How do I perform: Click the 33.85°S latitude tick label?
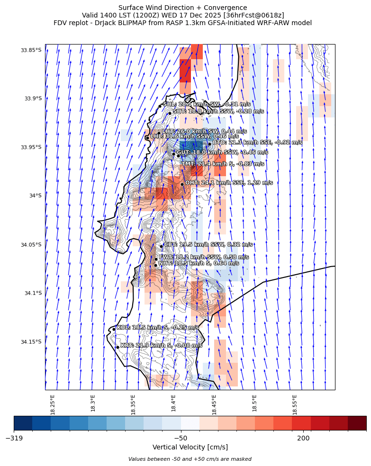click(x=31, y=50)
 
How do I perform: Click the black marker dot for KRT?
click(x=118, y=347)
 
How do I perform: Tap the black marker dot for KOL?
click(x=114, y=329)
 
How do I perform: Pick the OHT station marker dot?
click(x=182, y=184)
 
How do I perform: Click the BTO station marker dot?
click(x=209, y=144)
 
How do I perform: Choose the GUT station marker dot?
click(x=173, y=154)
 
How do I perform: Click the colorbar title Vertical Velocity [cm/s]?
click(x=190, y=447)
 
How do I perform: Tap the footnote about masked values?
click(x=190, y=459)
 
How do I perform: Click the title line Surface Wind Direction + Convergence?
click(x=182, y=8)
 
